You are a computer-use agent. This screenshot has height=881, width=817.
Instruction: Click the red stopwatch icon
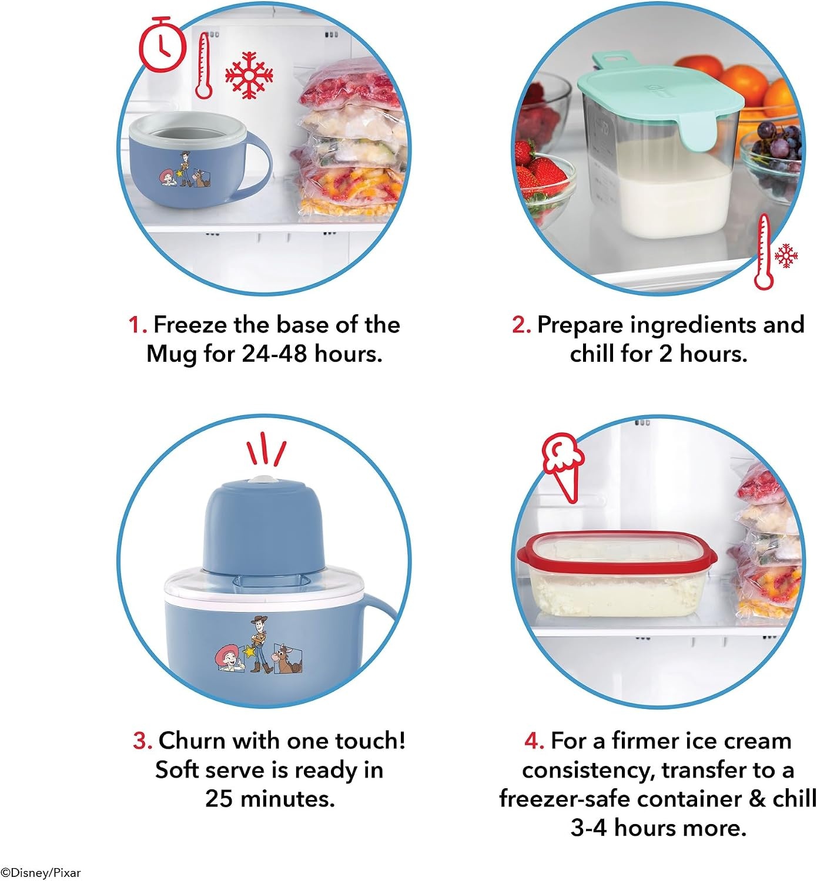162,45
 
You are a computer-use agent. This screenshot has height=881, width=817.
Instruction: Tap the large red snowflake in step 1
249,75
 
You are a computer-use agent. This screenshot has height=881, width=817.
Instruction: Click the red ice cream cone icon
563,467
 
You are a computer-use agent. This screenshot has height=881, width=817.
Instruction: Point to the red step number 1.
137,325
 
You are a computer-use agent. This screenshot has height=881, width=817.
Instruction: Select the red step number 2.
521,325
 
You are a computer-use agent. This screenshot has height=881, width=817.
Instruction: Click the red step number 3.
143,741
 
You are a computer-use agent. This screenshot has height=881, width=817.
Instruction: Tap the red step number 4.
534,741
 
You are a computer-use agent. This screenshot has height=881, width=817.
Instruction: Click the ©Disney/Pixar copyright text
41,873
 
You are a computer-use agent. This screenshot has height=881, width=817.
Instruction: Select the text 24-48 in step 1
274,354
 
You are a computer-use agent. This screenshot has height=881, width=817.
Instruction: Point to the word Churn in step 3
193,741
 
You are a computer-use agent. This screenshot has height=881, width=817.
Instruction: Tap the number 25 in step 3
219,799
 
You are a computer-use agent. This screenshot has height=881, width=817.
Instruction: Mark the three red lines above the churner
266,449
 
